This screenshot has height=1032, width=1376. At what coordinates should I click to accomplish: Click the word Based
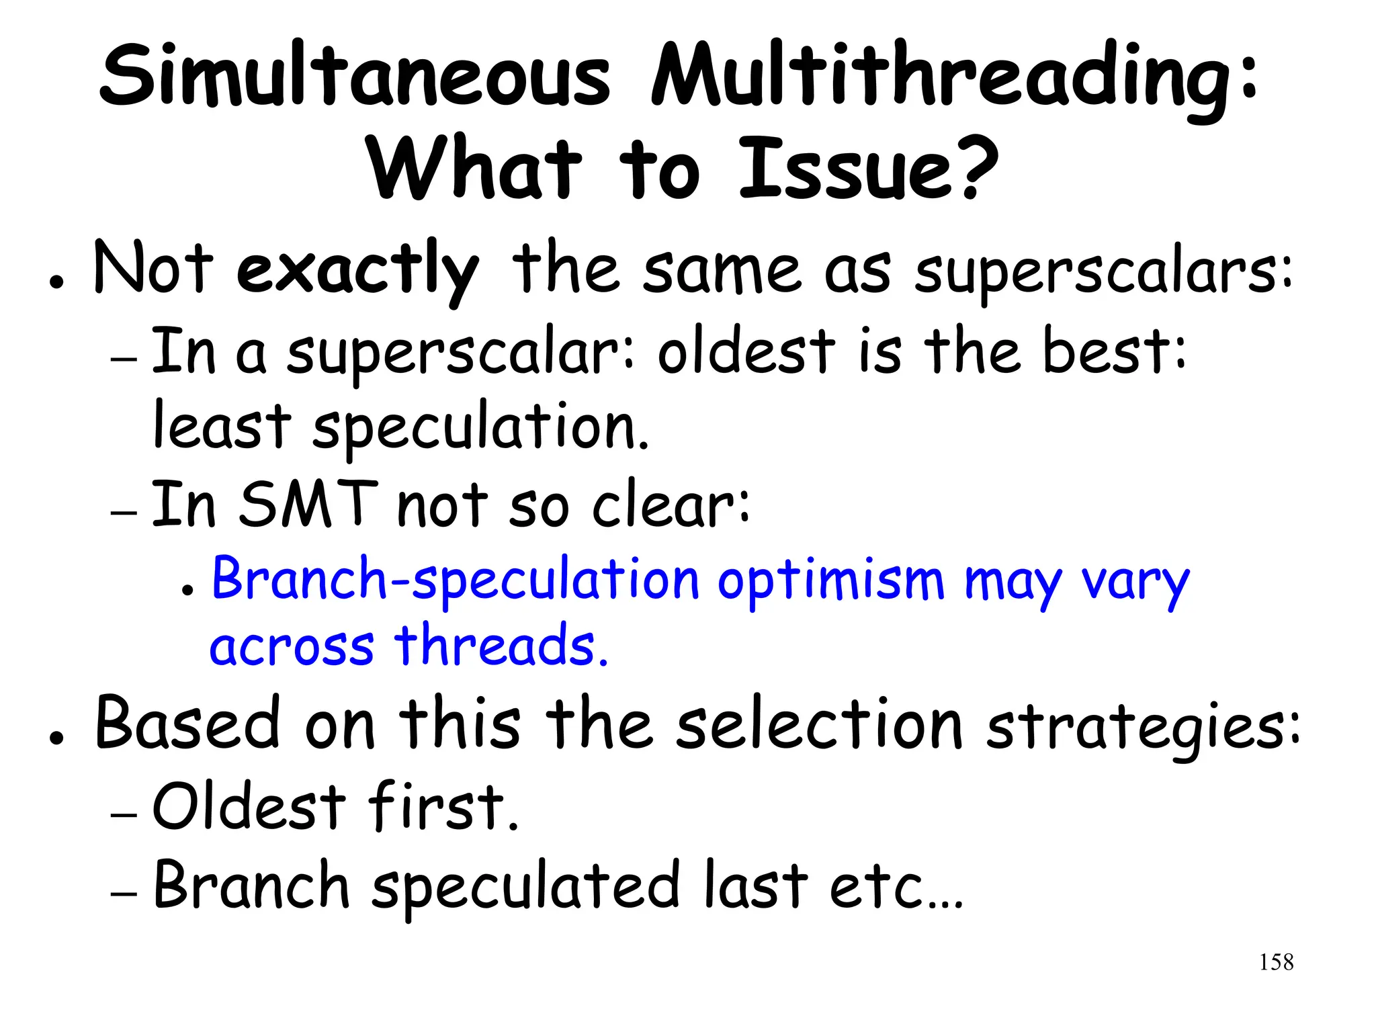(x=188, y=724)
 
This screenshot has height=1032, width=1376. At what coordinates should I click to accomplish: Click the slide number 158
(x=1276, y=962)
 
